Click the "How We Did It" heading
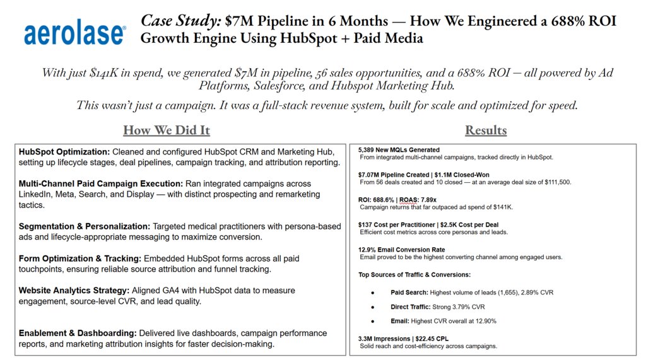point(166,131)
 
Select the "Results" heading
point(486,131)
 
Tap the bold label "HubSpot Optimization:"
point(64,153)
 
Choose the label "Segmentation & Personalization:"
point(83,226)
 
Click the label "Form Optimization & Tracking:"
point(80,258)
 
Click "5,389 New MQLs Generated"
point(399,150)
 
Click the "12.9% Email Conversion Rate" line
point(401,250)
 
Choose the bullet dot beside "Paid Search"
point(373,293)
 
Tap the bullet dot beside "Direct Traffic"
point(373,307)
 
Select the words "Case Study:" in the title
point(180,21)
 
